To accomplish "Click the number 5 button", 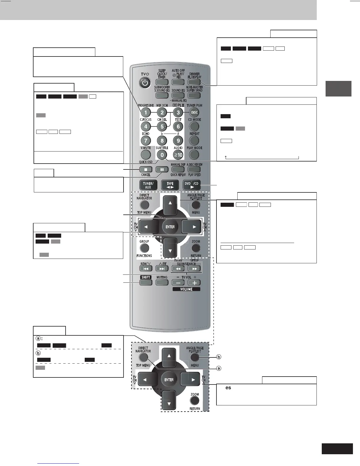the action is click(x=162, y=127).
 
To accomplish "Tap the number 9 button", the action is click(x=178, y=141).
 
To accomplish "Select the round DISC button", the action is click(x=194, y=112).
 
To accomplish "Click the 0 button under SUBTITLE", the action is click(x=162, y=155).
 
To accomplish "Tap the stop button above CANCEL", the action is click(x=146, y=169).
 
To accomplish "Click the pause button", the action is click(x=162, y=169).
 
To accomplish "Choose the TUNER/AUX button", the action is click(x=148, y=185).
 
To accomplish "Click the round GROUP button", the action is click(x=144, y=248).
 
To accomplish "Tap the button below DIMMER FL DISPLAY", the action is click(x=194, y=82).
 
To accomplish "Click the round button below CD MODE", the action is click(x=194, y=127).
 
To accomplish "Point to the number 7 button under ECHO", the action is click(x=146, y=141).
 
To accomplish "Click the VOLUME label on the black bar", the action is click(x=186, y=289).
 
